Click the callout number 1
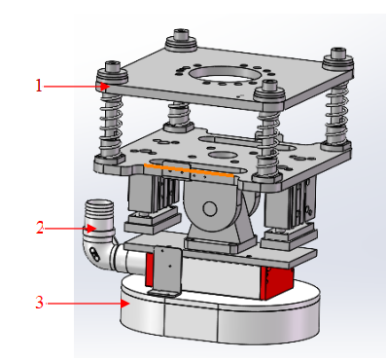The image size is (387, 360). pyautogui.click(x=40, y=86)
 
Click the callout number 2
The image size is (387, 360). pyautogui.click(x=40, y=229)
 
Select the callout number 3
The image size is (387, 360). pyautogui.click(x=40, y=303)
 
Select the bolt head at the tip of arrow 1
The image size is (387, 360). pyautogui.click(x=107, y=75)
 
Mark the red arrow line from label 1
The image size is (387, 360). pyautogui.click(x=73, y=86)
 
